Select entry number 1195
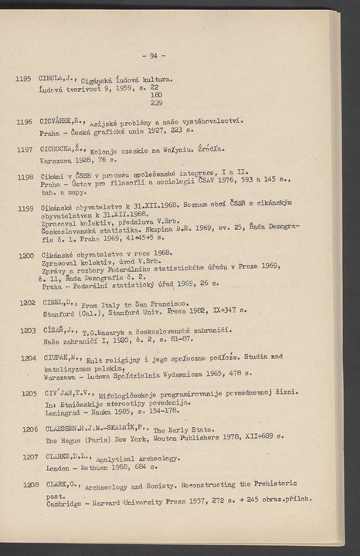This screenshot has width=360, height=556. (22, 78)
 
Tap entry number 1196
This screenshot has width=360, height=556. (23, 121)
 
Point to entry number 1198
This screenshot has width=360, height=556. (24, 178)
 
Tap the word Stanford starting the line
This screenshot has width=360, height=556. (58, 314)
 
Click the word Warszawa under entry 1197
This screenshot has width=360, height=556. (55, 161)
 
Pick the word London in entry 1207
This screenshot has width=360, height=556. (57, 468)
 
